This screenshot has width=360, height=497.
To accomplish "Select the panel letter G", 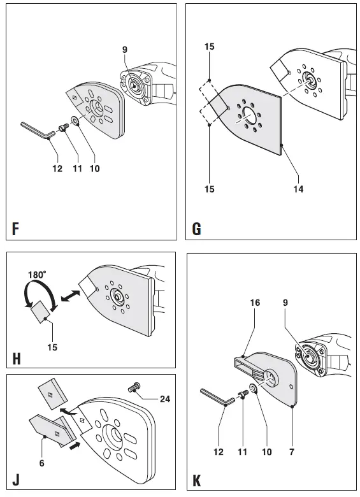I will tap(196, 227).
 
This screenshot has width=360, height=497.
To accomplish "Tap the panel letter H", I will tap(15, 358).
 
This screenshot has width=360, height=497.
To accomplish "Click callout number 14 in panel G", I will tap(298, 189).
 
